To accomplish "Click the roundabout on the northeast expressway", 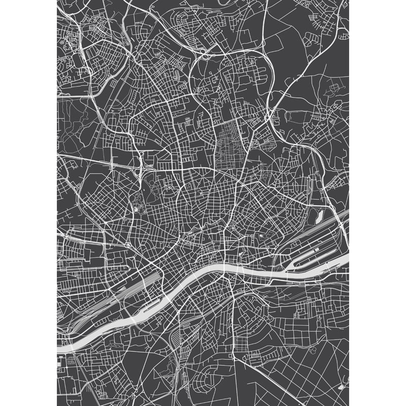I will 267,118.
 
